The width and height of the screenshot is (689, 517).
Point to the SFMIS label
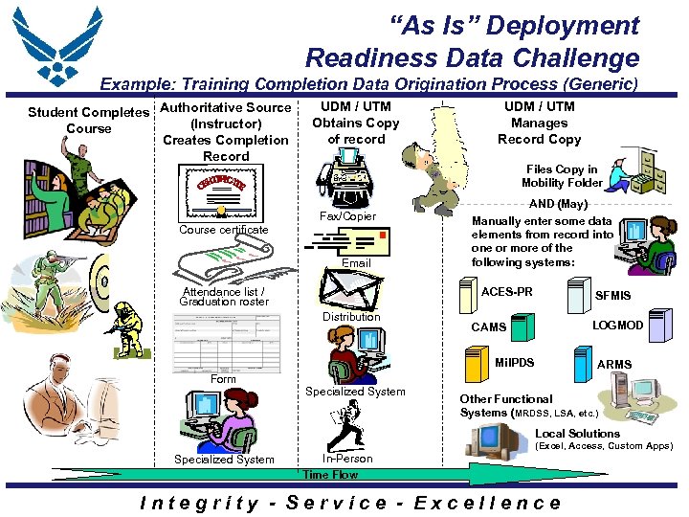[x=613, y=297]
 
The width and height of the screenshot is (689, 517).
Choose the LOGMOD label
[x=617, y=326]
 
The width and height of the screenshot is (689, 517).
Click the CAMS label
[x=488, y=327]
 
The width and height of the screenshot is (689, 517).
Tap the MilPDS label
[x=514, y=363]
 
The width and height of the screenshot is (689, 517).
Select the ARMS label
[x=614, y=364]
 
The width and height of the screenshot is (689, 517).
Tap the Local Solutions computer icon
[x=491, y=439]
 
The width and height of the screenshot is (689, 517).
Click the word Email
[x=356, y=263]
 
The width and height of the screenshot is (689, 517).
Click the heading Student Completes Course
[x=88, y=121]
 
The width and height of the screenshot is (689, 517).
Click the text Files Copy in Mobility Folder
[x=562, y=176]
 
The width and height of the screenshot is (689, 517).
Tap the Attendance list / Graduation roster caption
[x=224, y=297]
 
